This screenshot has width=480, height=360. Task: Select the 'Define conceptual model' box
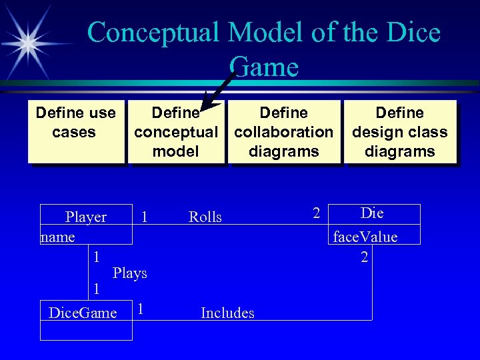[x=175, y=131]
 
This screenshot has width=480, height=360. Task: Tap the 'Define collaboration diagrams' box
[x=283, y=131]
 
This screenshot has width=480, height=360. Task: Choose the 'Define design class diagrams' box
[x=399, y=131]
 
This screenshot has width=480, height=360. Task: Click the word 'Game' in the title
[x=263, y=67]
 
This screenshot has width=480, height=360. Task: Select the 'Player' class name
[x=86, y=217]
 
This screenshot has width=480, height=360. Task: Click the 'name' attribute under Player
[x=57, y=237]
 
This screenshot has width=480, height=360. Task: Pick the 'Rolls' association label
[x=205, y=217]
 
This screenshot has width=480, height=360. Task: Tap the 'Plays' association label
[x=130, y=273]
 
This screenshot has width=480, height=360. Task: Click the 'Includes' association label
[x=227, y=313]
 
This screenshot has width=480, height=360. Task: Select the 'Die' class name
[x=372, y=213]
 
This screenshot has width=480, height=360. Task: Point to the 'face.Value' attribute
[x=365, y=237]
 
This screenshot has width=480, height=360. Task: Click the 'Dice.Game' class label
[x=83, y=313]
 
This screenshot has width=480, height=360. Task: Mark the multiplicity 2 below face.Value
[x=364, y=257]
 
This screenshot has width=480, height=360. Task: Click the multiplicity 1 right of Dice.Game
[x=141, y=309]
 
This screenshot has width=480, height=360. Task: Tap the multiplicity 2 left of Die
[x=317, y=213]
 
